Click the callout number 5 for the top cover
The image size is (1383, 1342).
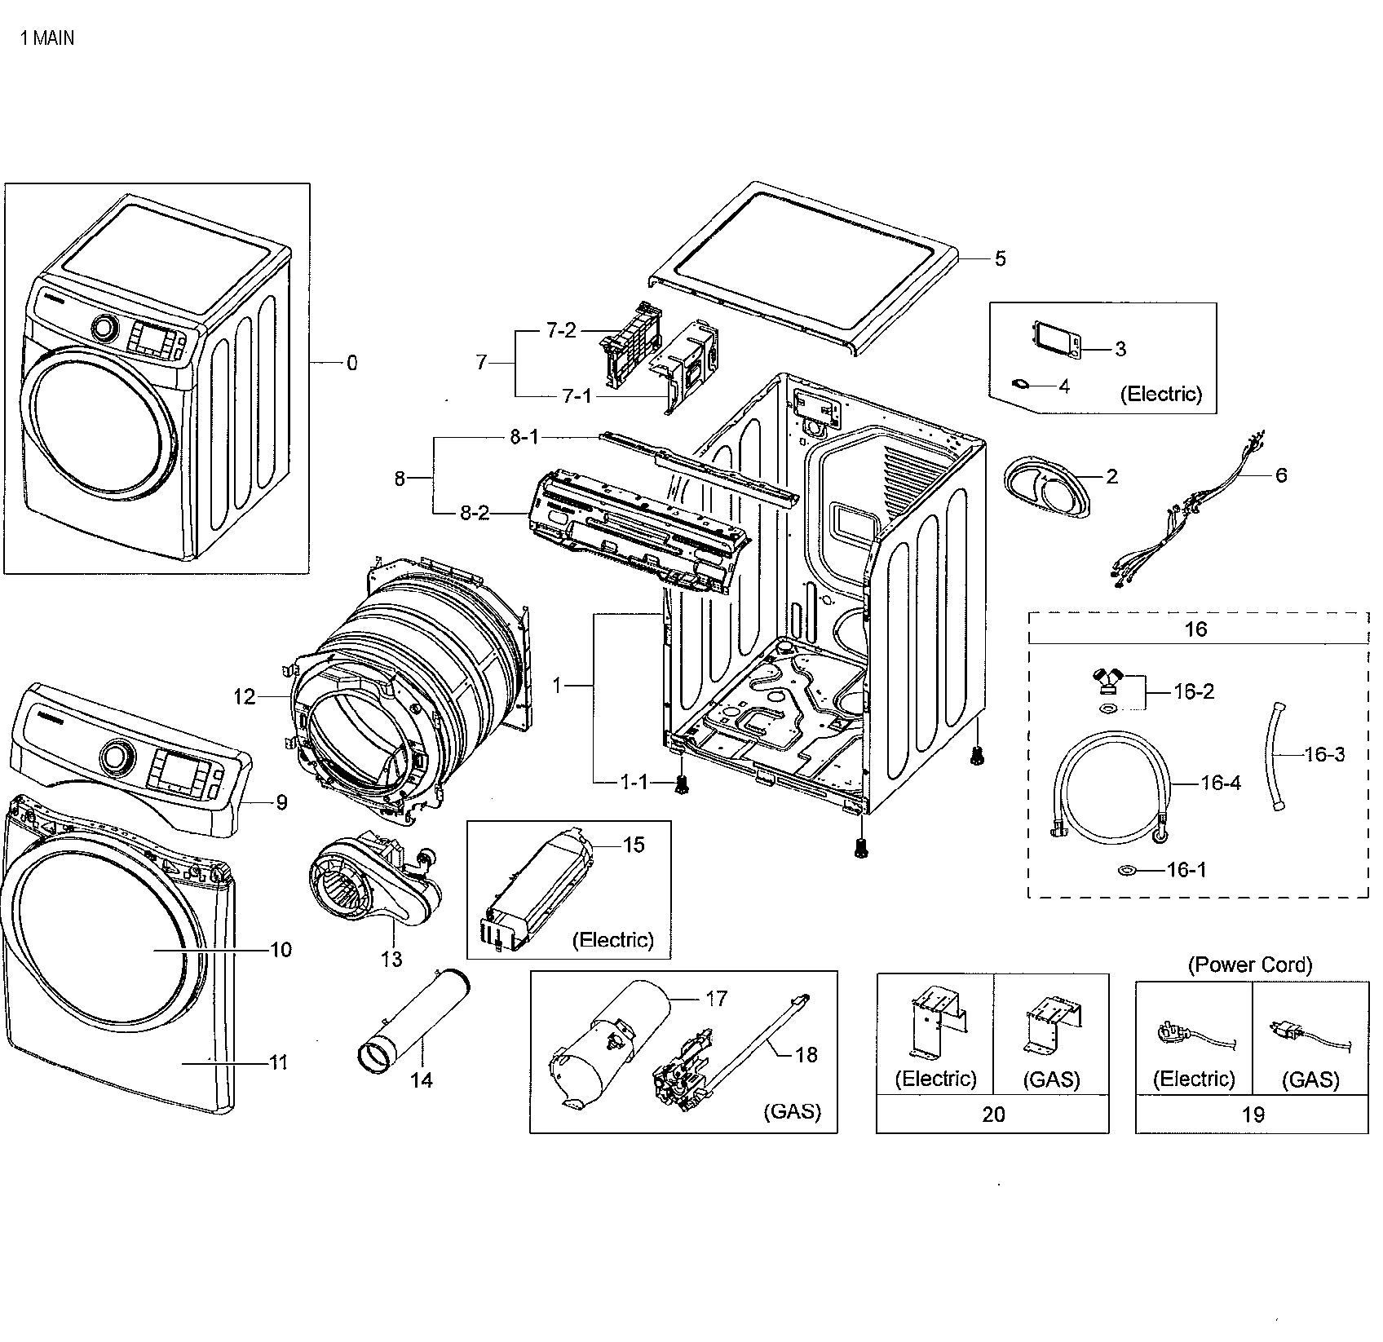pos(1000,259)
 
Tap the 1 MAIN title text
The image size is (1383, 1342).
pos(47,38)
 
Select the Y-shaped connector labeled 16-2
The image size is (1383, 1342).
pos(1107,678)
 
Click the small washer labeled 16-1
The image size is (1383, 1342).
pos(1128,871)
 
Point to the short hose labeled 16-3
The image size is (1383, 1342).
pos(1275,754)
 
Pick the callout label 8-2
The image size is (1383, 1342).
pos(475,514)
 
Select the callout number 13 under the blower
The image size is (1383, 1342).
pos(391,960)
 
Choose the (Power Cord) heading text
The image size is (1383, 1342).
pos(1250,965)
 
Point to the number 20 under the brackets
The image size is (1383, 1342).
pos(992,1115)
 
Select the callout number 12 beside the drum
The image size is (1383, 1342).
pos(244,697)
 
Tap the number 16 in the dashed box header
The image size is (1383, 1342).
pos(1196,629)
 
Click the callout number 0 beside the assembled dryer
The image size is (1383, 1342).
pos(351,364)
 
